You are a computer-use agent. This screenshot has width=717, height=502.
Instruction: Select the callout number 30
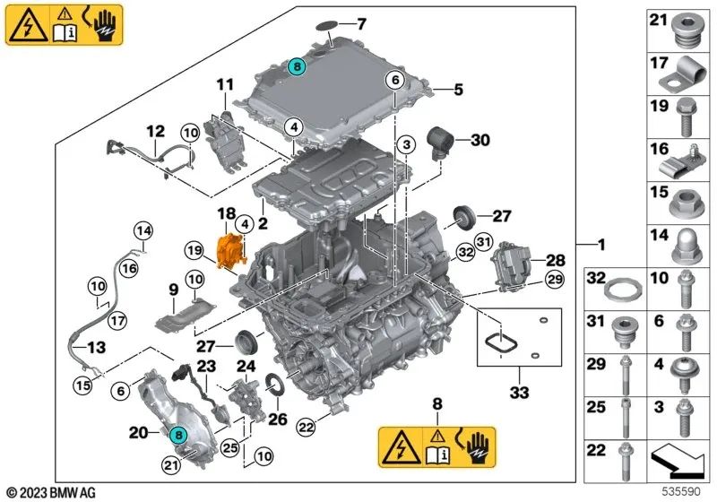point(481,140)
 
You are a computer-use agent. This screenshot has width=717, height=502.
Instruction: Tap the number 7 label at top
point(361,23)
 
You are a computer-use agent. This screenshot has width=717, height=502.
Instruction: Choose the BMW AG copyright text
point(51,491)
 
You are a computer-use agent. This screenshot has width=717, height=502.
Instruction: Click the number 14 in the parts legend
point(659,237)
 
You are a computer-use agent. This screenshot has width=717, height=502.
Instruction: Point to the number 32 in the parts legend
point(597,280)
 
